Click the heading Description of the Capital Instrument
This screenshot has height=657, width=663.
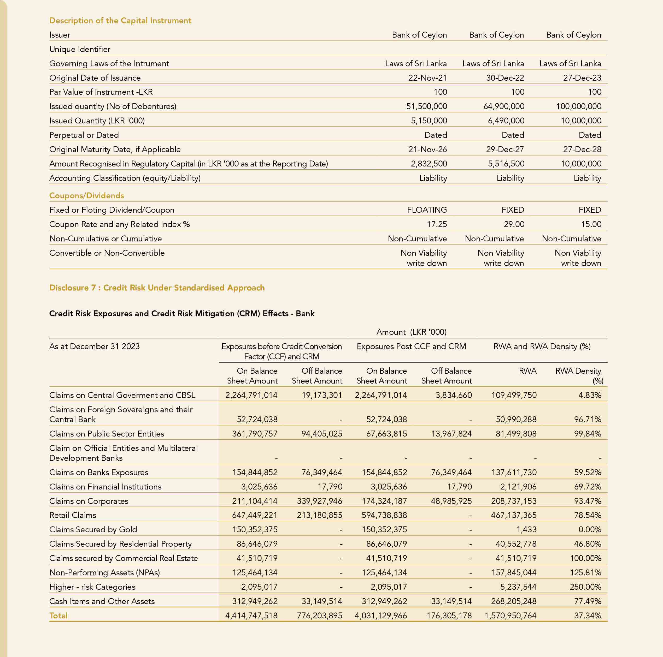tap(120, 21)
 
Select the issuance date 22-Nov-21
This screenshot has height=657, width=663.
tap(427, 78)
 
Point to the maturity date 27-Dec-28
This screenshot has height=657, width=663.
tap(582, 150)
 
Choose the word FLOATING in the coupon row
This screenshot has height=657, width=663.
tap(427, 210)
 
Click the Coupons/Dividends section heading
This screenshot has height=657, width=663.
tap(86, 196)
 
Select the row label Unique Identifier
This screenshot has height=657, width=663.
tap(80, 49)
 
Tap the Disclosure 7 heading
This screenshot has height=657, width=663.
tap(157, 288)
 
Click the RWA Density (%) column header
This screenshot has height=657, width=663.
tap(579, 376)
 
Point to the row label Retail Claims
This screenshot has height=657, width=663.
tap(73, 515)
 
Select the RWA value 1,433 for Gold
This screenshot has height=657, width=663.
tap(526, 529)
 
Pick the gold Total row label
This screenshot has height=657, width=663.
tap(58, 616)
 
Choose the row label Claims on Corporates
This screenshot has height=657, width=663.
tap(89, 501)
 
